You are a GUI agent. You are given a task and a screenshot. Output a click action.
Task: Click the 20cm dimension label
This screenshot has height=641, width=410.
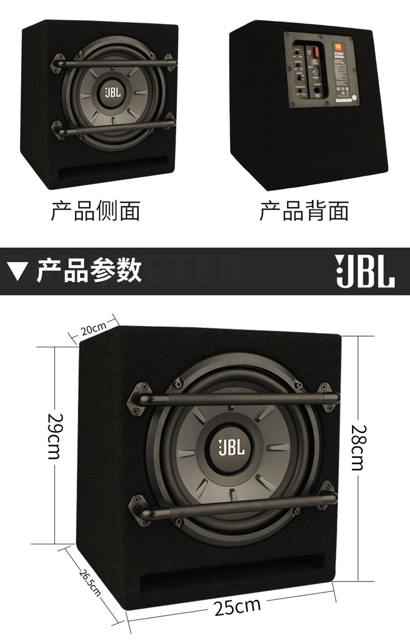(x=93, y=329)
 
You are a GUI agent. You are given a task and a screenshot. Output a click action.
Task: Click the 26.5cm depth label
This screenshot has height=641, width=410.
(x=90, y=583)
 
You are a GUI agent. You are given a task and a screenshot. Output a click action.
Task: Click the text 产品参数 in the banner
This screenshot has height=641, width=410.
(x=89, y=270)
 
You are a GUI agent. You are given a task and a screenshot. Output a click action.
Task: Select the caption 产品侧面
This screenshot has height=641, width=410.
(x=96, y=210)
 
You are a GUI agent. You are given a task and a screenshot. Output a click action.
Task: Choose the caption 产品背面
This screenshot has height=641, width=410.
(x=304, y=210)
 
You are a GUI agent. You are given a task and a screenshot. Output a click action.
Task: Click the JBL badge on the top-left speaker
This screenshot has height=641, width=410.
(x=111, y=92)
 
